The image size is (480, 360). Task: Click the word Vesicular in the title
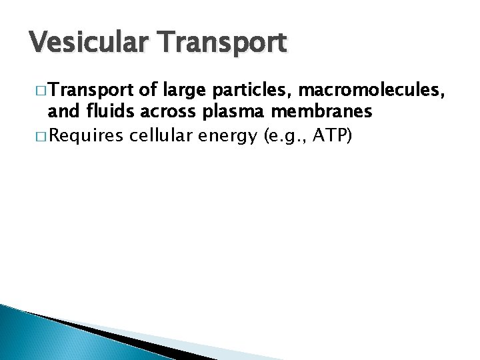pos(79,43)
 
